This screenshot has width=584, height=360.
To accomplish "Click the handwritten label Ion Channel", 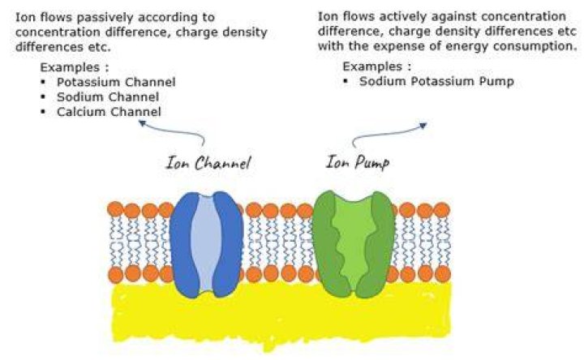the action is click(x=208, y=163).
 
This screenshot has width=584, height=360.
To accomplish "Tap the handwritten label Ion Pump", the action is click(x=358, y=162).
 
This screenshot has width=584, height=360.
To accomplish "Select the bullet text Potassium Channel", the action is click(x=116, y=82).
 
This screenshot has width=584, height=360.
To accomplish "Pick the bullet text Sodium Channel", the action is click(x=108, y=96).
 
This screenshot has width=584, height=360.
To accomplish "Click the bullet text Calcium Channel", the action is click(x=109, y=112).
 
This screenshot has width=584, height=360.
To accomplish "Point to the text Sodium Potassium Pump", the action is click(x=436, y=81).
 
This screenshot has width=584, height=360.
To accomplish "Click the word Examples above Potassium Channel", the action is click(x=70, y=67).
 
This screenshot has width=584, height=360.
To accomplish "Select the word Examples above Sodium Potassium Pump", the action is click(x=372, y=66).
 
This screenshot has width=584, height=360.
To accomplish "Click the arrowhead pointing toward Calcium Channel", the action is click(x=142, y=122).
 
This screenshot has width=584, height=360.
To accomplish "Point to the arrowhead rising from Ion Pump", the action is click(x=423, y=126).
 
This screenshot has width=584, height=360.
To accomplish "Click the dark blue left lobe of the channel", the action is click(x=182, y=244).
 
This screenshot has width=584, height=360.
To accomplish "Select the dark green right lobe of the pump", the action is click(x=380, y=244).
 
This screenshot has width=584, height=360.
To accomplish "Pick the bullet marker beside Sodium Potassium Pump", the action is click(x=346, y=81).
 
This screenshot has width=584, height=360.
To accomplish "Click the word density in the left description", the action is click(x=245, y=32).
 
